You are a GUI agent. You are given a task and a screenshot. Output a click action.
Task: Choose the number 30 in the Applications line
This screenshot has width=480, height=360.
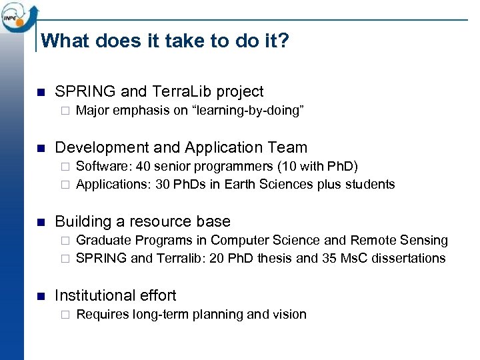coord(163,184)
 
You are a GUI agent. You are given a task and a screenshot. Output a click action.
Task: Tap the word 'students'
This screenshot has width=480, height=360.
coord(371,184)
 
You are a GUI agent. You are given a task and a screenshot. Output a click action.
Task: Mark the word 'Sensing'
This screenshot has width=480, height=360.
coord(425,240)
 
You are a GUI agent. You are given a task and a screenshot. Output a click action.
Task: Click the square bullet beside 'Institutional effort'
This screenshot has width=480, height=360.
coord(40,296)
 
